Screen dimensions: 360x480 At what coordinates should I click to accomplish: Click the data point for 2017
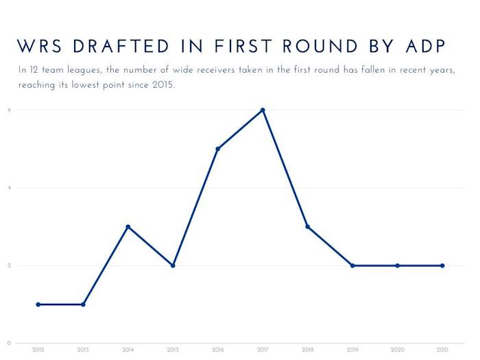[263, 110]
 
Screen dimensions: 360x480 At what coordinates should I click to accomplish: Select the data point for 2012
[38, 304]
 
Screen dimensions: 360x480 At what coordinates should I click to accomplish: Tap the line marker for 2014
[128, 227]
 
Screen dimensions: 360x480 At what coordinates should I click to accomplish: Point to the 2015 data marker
[173, 265]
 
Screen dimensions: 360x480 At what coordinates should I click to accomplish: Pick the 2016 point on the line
[218, 149]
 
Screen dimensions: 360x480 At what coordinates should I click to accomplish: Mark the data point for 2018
[308, 227]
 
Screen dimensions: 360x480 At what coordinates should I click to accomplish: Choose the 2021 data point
[442, 265]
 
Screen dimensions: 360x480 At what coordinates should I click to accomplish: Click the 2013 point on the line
[83, 304]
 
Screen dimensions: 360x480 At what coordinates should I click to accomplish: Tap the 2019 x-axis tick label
[352, 350]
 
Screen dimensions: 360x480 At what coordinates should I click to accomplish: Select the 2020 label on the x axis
[398, 350]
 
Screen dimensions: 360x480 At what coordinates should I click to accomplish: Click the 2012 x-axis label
[38, 350]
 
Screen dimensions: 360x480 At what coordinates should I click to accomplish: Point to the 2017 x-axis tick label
[263, 350]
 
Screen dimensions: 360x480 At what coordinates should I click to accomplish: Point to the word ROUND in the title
[316, 46]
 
